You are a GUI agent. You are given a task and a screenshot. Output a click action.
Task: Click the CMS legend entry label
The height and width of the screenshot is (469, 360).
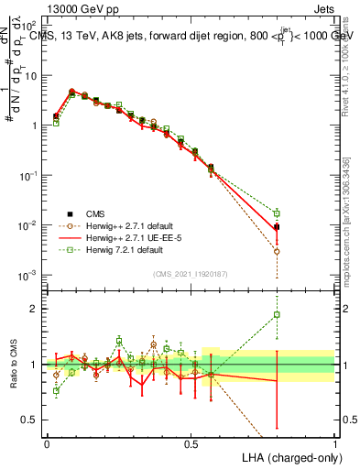tap(85, 213)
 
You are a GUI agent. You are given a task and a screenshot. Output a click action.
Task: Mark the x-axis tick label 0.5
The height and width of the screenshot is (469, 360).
tap(191, 443)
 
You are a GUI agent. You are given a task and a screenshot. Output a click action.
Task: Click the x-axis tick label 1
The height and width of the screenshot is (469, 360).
tap(334, 443)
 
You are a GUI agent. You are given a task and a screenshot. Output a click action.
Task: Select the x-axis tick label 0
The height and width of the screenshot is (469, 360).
tap(47, 443)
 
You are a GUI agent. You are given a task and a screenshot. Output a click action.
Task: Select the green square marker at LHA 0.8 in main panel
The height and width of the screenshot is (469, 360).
tap(277, 213)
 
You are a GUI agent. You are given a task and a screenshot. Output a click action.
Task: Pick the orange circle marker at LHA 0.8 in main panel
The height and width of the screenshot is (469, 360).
tap(277, 251)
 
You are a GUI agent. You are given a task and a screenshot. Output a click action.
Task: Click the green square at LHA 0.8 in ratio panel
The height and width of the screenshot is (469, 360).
tap(277, 315)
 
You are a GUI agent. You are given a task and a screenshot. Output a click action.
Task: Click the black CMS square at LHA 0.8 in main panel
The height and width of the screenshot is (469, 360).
tap(277, 226)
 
